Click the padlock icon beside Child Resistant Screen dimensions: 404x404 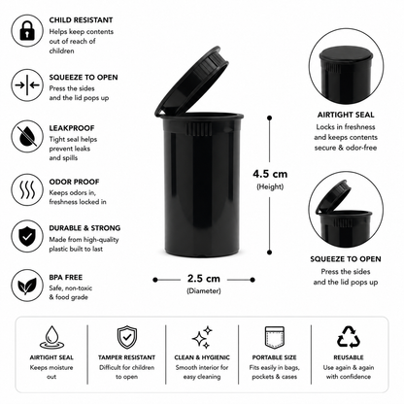27,31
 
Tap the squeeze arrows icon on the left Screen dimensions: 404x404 27,85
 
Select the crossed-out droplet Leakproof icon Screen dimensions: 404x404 27,136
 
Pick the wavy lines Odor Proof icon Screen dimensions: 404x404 27,189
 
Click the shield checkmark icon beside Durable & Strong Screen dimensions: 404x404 27,236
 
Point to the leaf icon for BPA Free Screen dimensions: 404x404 27,286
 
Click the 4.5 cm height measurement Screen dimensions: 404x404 270,174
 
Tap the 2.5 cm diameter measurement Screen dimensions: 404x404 204,279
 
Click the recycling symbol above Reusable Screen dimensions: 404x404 349,337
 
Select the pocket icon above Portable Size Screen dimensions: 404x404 274,337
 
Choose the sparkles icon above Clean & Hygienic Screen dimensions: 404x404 202,338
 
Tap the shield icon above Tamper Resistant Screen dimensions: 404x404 127,337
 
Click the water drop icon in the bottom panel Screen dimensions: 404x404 51,338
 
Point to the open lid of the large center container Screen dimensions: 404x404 191,82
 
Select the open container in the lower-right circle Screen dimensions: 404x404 344,215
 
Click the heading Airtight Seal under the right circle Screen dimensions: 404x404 346,115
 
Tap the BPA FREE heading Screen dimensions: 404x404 66,278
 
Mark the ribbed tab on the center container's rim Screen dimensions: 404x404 198,129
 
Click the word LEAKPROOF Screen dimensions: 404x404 72,128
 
